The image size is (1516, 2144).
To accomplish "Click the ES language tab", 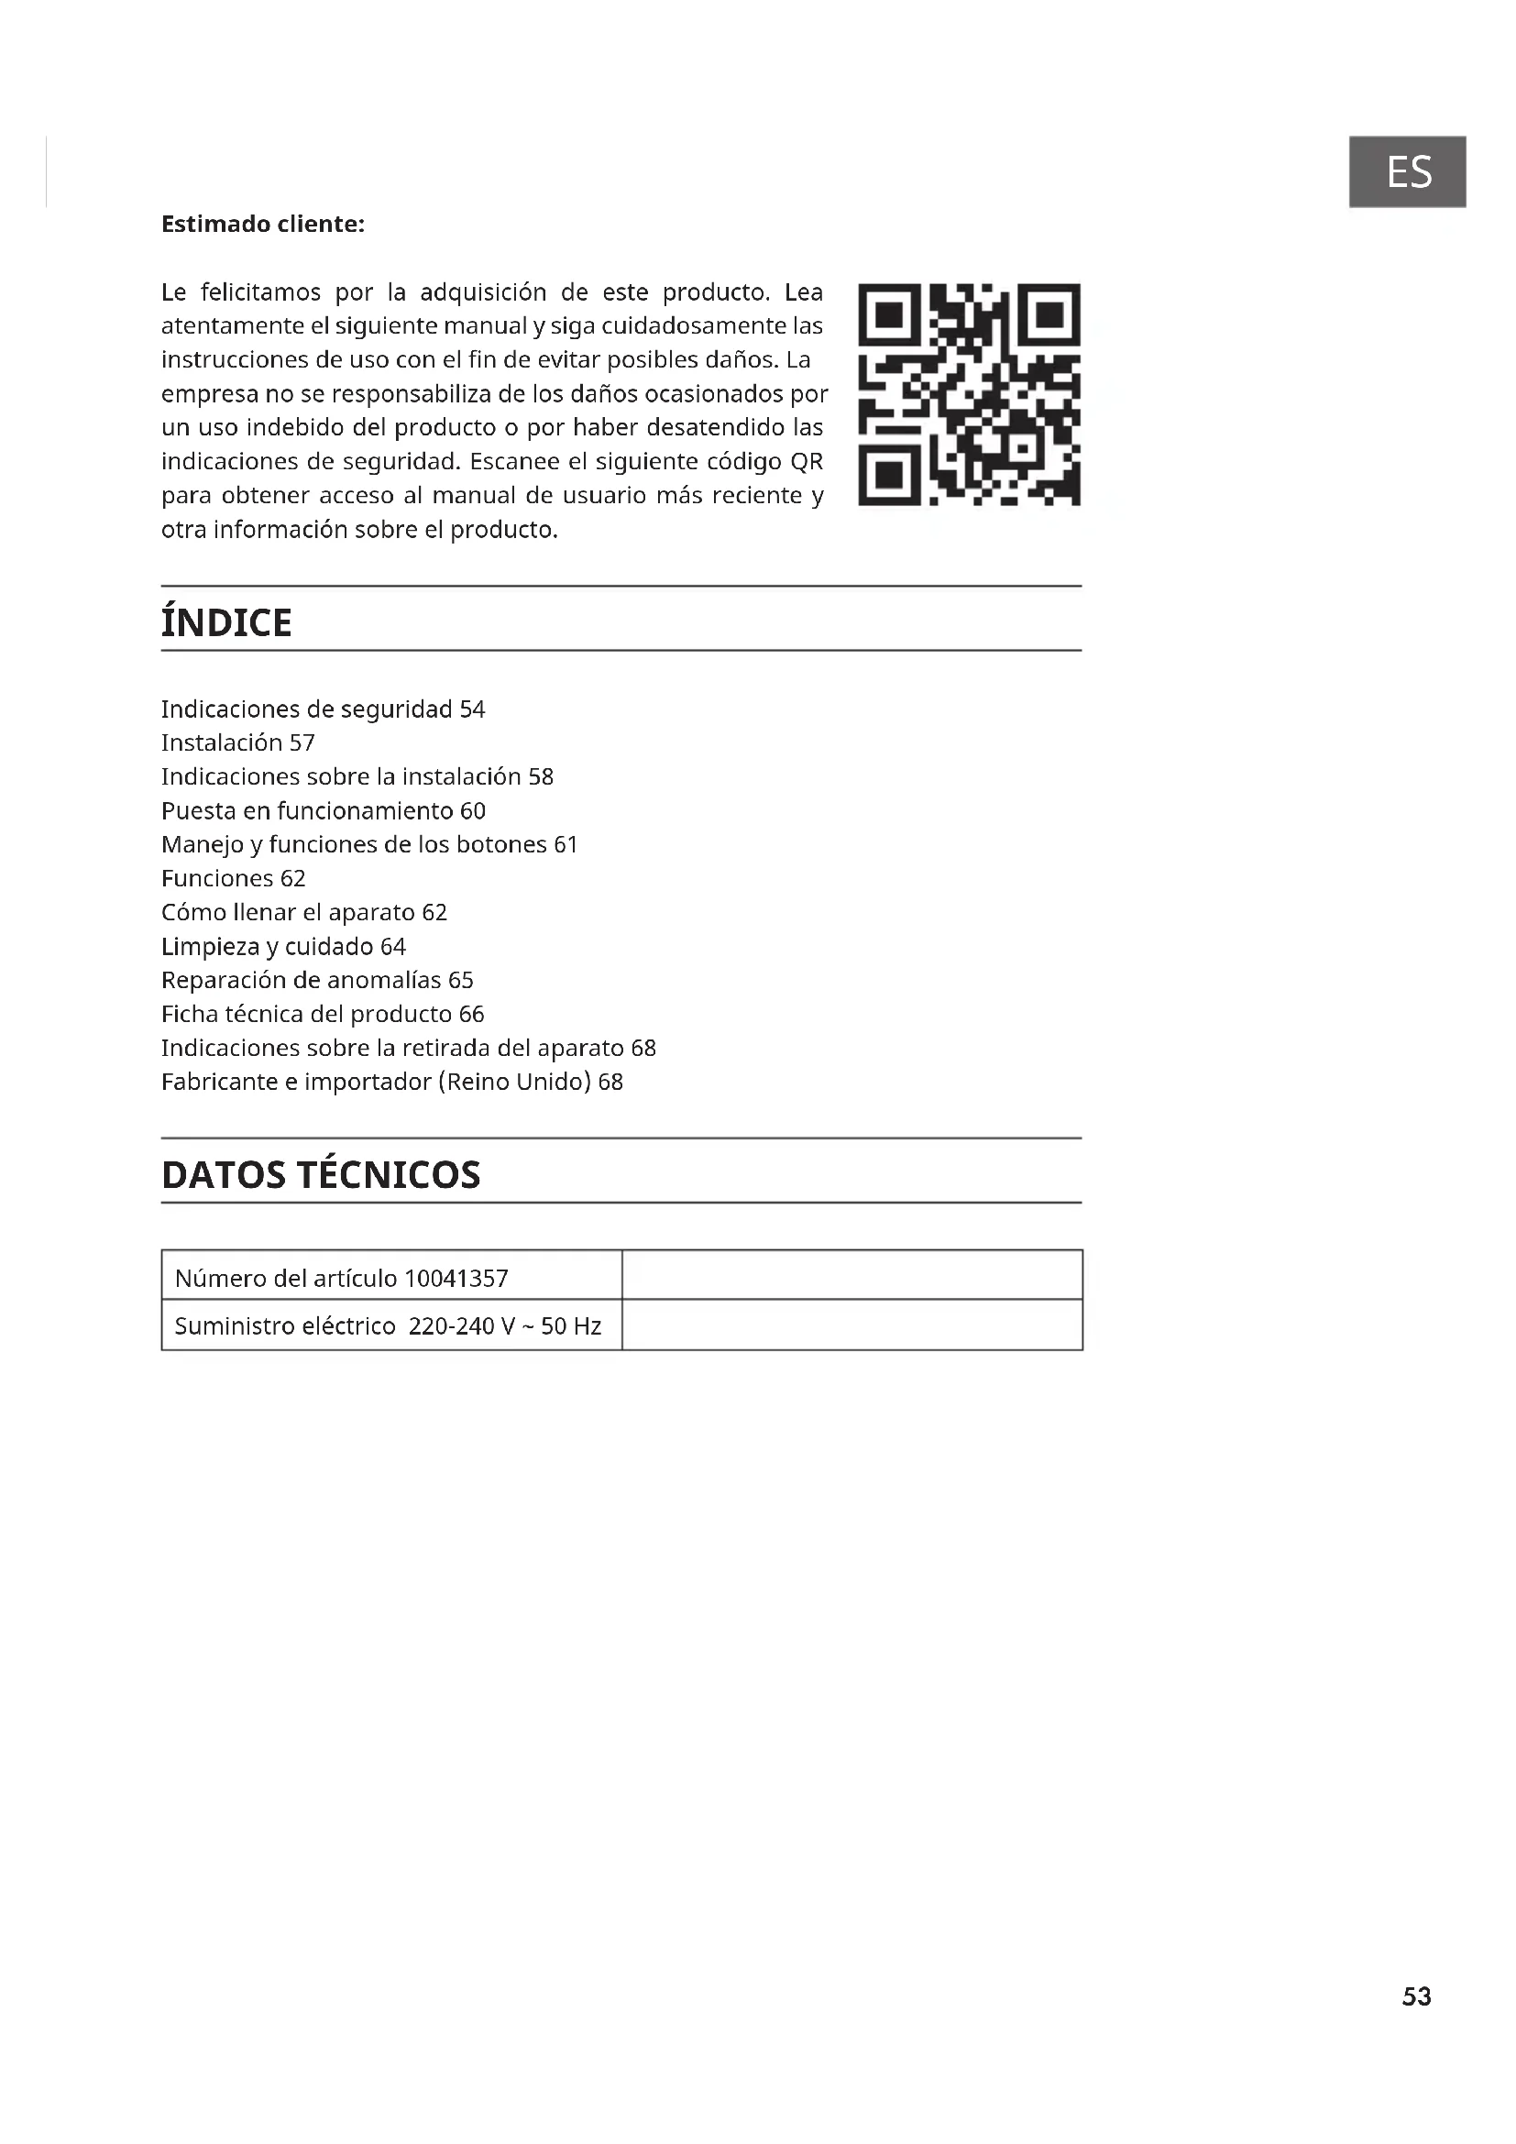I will tap(1407, 171).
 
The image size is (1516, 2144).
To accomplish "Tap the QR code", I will tap(969, 394).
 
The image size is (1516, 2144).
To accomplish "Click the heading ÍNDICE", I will tap(226, 622).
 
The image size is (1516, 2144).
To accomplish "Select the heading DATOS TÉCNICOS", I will tap(321, 1175).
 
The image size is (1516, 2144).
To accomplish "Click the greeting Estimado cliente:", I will tap(262, 224).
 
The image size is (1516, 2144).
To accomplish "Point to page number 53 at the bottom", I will tap(1416, 1996).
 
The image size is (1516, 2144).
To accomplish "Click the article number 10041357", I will tap(456, 1278).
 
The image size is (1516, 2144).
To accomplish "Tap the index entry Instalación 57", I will tap(238, 742).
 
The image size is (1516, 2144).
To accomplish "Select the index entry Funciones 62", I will tap(234, 878).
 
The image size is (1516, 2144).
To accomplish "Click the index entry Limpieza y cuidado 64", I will tap(284, 946).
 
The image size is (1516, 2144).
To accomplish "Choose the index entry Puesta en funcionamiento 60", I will tap(323, 810).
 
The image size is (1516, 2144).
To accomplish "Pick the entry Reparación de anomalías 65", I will tap(317, 980).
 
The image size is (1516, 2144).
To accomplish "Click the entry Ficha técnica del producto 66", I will tap(323, 1013).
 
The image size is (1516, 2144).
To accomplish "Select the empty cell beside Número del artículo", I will tap(851, 1275).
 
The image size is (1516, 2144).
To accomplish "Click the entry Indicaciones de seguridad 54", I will tap(323, 709).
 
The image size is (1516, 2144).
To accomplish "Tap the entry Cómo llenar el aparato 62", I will tap(304, 911).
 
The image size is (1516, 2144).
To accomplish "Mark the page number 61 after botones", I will tap(566, 844).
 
